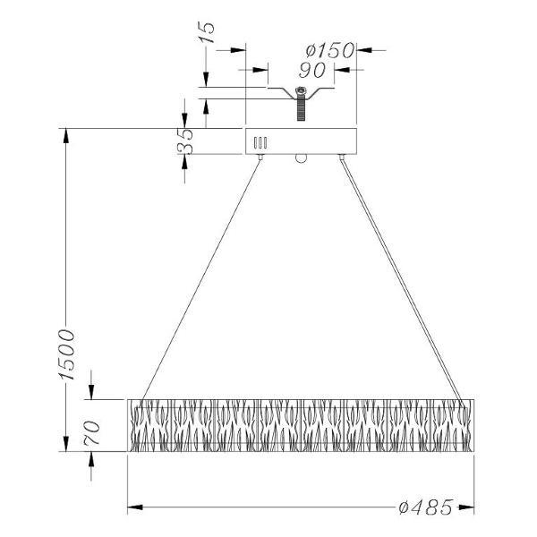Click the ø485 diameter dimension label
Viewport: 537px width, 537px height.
pos(426,507)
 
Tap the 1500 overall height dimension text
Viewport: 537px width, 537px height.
pos(67,354)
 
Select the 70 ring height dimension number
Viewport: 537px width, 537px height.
pos(92,432)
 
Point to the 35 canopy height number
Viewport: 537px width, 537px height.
pos(185,141)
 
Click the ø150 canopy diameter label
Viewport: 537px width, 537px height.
pos(329,50)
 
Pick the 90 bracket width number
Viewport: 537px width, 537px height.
pos(312,70)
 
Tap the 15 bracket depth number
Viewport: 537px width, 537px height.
pos(207,32)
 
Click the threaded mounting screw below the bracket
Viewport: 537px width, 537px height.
pos(301,108)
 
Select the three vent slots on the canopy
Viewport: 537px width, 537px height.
pos(260,142)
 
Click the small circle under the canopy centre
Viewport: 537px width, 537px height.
pos(301,158)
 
